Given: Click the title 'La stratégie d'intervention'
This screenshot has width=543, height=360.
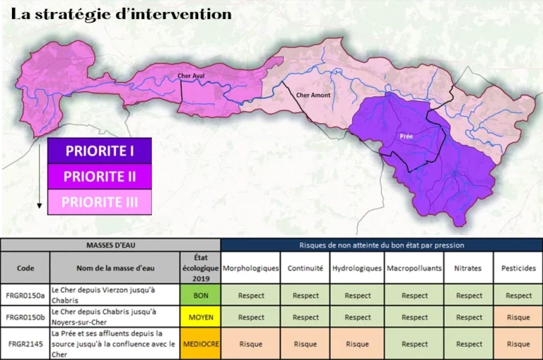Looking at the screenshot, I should (122, 14).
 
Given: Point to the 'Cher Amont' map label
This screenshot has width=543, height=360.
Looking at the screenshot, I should (313, 95).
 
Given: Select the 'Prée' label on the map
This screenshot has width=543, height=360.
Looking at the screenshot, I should (406, 136).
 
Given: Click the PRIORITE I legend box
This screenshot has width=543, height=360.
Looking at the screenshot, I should (100, 151).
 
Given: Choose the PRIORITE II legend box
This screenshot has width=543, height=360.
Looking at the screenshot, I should (100, 176).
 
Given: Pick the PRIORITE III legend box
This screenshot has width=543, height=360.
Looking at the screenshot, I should (100, 202).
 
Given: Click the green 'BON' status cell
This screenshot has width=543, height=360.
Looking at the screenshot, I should (201, 295).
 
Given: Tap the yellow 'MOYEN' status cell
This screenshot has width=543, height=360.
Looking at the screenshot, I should (201, 318).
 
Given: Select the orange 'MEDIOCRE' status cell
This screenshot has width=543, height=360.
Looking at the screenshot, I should (201, 344).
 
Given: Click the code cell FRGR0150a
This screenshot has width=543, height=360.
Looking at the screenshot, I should (25, 295).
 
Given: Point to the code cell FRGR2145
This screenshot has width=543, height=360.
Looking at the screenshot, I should (25, 344).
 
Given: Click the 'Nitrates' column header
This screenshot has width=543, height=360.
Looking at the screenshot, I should (469, 269).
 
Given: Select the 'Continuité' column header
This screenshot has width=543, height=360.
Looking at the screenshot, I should (305, 269).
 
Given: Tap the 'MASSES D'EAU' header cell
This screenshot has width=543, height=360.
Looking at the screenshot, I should (110, 245).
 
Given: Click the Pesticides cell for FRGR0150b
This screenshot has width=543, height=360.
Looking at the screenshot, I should (518, 318).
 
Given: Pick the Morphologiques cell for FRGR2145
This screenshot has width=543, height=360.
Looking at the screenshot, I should (251, 344).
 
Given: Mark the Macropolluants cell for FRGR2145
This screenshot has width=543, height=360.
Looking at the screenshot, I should (414, 344).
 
